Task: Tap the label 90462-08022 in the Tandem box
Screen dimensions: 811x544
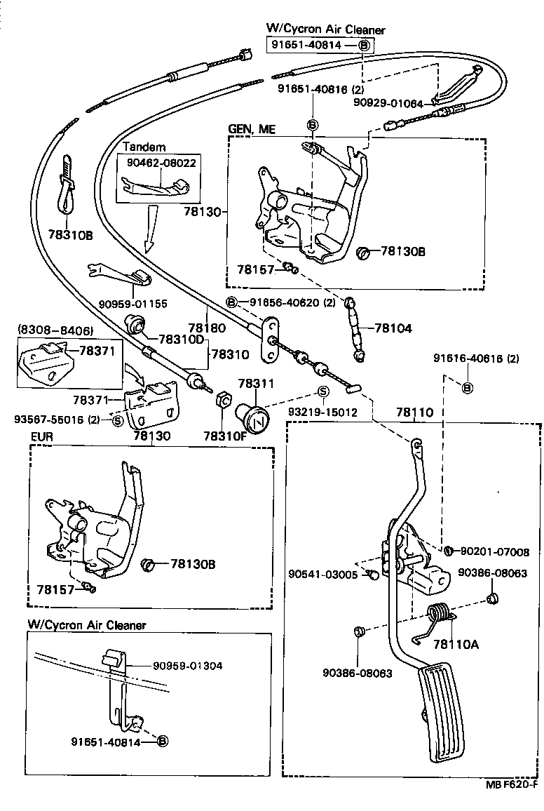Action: [161, 163]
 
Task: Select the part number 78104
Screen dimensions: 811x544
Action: [393, 328]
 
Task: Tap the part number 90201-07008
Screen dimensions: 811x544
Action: [494, 552]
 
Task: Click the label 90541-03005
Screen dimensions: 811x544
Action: [322, 574]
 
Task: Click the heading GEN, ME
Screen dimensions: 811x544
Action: [252, 129]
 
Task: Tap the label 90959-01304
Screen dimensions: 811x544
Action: [189, 666]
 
